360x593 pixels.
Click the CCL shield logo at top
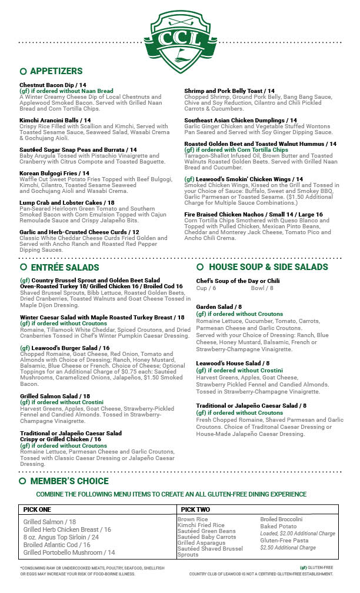point(179,39)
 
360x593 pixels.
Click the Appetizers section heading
point(56,71)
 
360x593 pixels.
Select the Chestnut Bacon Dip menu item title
point(51,85)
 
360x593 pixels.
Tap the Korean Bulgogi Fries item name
point(49,174)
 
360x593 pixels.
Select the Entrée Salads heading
point(65,267)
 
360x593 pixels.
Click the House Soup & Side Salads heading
point(268,267)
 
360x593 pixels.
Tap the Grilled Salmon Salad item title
point(55,397)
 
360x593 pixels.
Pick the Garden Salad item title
point(219,307)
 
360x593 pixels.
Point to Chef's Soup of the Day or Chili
point(238,281)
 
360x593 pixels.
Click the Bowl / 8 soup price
point(262,288)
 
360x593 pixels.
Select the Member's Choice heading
point(69,481)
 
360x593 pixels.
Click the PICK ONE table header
point(37,509)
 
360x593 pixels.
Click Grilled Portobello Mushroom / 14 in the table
point(69,552)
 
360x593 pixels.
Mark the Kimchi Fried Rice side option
point(201,525)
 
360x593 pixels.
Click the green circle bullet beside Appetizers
point(23,71)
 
